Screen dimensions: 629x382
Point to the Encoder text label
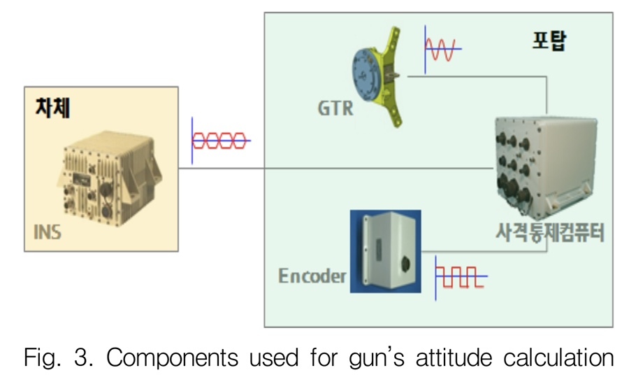coord(312,276)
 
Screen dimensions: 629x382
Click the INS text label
coord(47,232)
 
